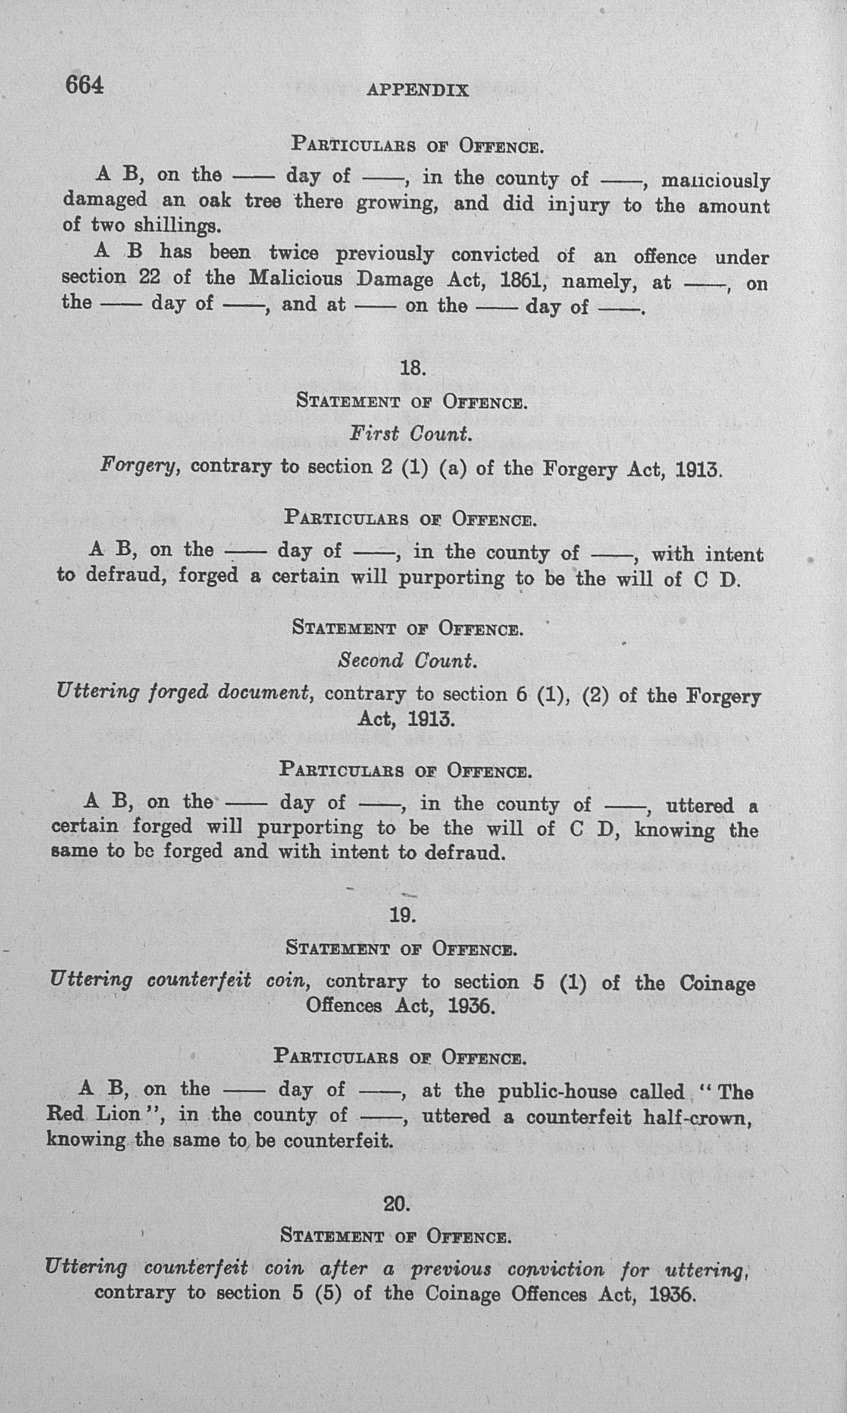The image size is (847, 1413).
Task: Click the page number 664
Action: click(84, 85)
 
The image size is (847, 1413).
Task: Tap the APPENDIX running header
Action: click(418, 90)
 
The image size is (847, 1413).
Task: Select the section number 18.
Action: click(413, 368)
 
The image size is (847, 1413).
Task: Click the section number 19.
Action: click(402, 915)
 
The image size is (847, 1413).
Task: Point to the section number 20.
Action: click(397, 1204)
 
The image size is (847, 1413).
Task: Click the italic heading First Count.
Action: click(410, 434)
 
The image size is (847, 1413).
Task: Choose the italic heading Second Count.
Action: click(407, 660)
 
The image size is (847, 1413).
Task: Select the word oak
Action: click(214, 200)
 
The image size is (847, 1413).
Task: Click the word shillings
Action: click(178, 226)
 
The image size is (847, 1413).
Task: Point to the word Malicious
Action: click(296, 278)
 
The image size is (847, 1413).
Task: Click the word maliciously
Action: click(715, 181)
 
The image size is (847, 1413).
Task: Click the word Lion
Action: click(118, 1113)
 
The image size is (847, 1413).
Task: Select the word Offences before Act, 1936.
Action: click(345, 1005)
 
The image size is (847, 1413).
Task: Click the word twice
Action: click(294, 253)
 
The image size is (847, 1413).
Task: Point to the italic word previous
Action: click(451, 1269)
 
